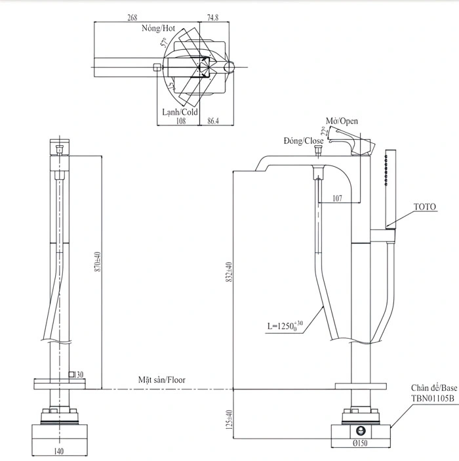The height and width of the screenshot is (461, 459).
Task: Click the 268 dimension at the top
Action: (132, 18)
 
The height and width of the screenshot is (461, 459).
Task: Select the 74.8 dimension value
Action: (212, 18)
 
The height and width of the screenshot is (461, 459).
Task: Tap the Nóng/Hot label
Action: (159, 29)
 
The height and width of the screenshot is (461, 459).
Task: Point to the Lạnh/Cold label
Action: (180, 112)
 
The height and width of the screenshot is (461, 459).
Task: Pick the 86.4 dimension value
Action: (212, 121)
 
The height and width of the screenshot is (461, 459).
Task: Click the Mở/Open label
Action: (342, 121)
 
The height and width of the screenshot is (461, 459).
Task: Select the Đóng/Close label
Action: (304, 141)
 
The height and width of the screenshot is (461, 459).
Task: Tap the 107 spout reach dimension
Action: (337, 198)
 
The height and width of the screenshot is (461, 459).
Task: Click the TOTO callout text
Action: (425, 207)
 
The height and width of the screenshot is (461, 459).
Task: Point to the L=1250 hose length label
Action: (283, 325)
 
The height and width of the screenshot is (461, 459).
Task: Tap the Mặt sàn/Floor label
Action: (162, 380)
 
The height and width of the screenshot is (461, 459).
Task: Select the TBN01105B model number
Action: (433, 397)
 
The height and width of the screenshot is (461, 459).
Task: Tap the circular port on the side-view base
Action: (360, 431)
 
